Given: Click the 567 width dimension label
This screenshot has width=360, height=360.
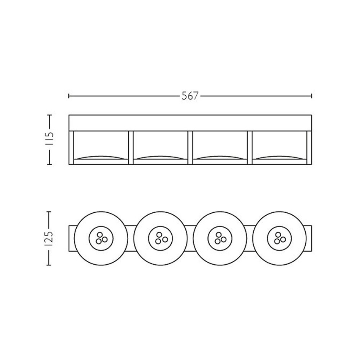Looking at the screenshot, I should coord(190,96).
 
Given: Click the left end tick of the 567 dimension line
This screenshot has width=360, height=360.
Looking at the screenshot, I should coord(69,96).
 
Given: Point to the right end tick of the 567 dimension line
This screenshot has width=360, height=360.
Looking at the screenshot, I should coord(311,96).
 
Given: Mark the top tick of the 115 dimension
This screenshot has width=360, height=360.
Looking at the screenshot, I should coord(49,115).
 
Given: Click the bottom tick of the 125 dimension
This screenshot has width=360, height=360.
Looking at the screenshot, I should coord(49,264).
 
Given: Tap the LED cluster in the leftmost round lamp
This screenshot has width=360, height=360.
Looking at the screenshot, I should coord(101,238).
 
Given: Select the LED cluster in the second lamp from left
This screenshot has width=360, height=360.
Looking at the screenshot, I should coord(160,238).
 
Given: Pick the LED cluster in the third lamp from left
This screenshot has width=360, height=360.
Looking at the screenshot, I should coord(219,238).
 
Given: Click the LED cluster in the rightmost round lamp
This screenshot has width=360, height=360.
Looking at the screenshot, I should coord(278,238).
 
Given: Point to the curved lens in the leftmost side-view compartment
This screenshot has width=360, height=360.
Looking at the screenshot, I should coord(101,158).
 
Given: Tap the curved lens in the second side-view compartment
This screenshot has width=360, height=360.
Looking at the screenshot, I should coord(160,158).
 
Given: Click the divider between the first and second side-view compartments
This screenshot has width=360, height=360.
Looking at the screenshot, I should coord(131,148).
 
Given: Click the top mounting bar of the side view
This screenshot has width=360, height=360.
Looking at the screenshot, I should coord(190,123).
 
